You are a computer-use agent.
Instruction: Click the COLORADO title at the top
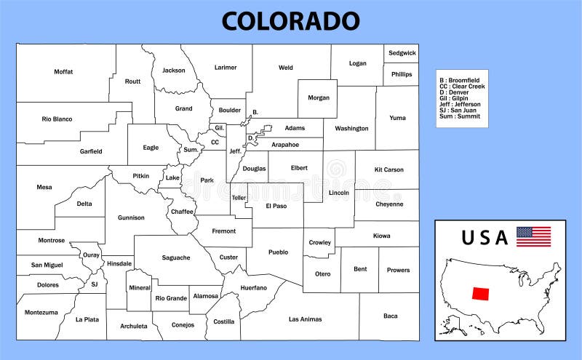(290, 20)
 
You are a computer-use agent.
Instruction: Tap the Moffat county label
(63, 71)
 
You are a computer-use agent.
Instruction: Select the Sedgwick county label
(402, 53)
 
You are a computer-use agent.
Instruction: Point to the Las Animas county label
(305, 319)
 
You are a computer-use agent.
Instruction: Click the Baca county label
(391, 316)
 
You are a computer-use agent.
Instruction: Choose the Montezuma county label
(41, 312)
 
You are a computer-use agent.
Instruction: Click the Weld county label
(286, 68)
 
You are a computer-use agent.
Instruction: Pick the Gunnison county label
(131, 217)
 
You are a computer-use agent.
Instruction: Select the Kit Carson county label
(388, 169)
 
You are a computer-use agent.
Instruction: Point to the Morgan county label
(319, 97)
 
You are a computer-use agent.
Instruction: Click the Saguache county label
(176, 257)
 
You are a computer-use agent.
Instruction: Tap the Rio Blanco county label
(56, 119)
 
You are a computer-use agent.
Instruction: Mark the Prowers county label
(398, 270)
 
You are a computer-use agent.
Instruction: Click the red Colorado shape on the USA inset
(480, 293)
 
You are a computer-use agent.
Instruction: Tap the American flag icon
(533, 236)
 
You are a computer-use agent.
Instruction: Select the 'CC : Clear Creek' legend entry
(462, 87)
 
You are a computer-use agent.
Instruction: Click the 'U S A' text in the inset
(484, 237)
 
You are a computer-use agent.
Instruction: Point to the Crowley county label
(320, 242)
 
